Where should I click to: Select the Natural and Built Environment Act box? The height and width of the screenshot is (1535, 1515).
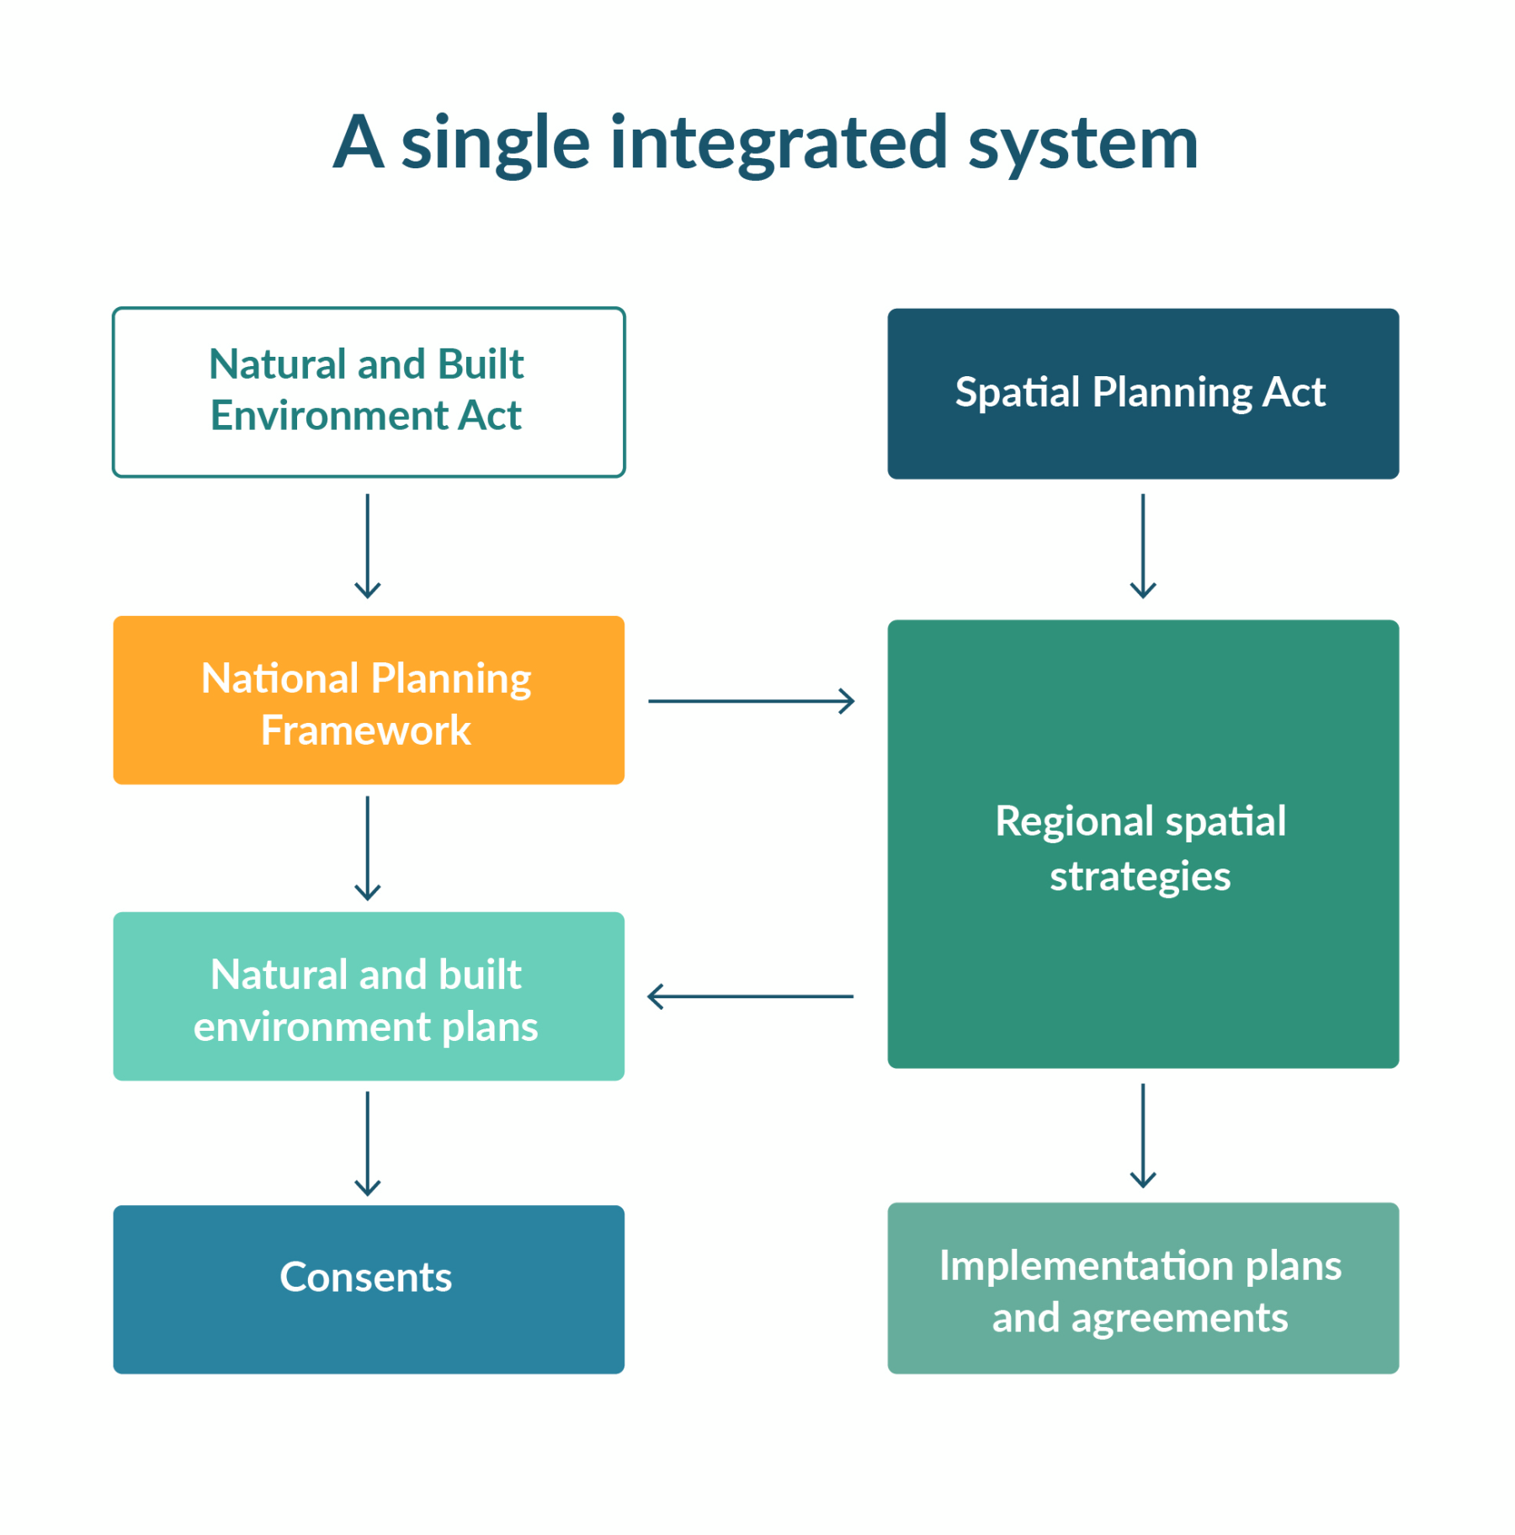[369, 392]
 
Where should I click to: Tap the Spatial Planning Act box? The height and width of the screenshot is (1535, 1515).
[1142, 393]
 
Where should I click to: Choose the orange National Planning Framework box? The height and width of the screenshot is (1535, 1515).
[369, 700]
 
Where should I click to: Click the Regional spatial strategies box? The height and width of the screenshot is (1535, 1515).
[1142, 844]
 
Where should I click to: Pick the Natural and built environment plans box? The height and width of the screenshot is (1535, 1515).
[369, 996]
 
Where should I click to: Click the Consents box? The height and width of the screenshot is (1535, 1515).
[369, 1289]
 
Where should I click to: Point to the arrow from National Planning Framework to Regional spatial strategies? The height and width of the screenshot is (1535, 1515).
[751, 700]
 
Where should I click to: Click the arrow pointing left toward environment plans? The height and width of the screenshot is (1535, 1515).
[751, 996]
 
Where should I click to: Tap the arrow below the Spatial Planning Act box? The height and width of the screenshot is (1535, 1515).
[1142, 545]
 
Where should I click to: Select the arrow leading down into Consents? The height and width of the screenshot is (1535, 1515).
[368, 1143]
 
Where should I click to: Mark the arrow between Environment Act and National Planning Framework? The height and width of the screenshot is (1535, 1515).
[368, 545]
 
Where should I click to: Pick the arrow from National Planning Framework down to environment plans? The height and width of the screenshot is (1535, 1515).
[368, 847]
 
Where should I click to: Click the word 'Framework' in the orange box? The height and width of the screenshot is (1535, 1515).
[365, 730]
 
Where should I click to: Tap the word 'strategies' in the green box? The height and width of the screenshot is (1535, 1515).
[1140, 876]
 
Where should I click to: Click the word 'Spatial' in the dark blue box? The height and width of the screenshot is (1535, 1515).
[1017, 392]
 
